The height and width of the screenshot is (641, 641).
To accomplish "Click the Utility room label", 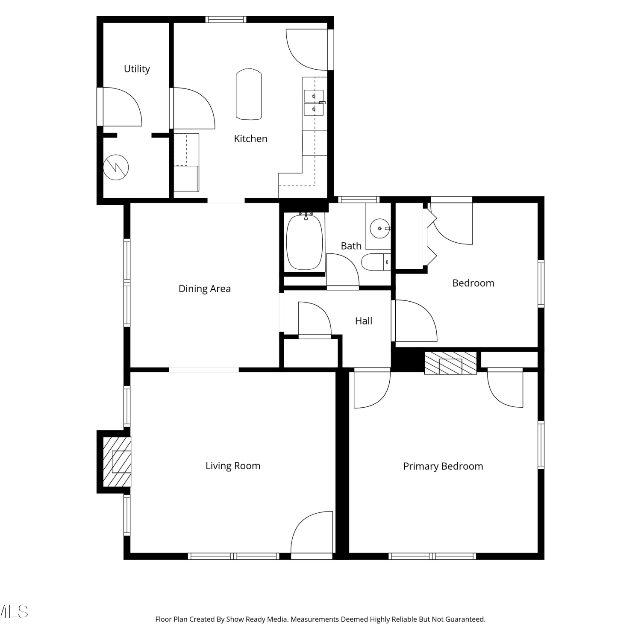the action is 137,69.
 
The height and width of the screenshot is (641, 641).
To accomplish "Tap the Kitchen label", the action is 250,138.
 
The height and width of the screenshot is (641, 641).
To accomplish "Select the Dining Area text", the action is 204,289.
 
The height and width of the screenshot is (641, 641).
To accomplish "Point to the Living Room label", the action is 232,466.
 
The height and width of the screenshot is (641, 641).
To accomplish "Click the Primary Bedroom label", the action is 443,466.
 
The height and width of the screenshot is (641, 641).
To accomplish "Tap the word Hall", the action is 364,321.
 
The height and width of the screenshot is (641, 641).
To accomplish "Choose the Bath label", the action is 351,246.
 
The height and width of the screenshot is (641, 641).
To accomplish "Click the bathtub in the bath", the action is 304,242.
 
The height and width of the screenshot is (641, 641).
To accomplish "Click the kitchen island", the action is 249,94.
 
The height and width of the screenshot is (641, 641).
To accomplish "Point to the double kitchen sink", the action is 314,103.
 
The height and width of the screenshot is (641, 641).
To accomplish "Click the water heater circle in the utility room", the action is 116,167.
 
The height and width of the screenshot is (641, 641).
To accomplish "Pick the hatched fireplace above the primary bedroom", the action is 450,363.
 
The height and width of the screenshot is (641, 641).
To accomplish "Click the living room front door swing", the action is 312,532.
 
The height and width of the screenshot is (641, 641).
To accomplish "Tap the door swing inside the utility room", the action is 122,107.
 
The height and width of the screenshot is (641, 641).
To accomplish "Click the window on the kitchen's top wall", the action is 226,19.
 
